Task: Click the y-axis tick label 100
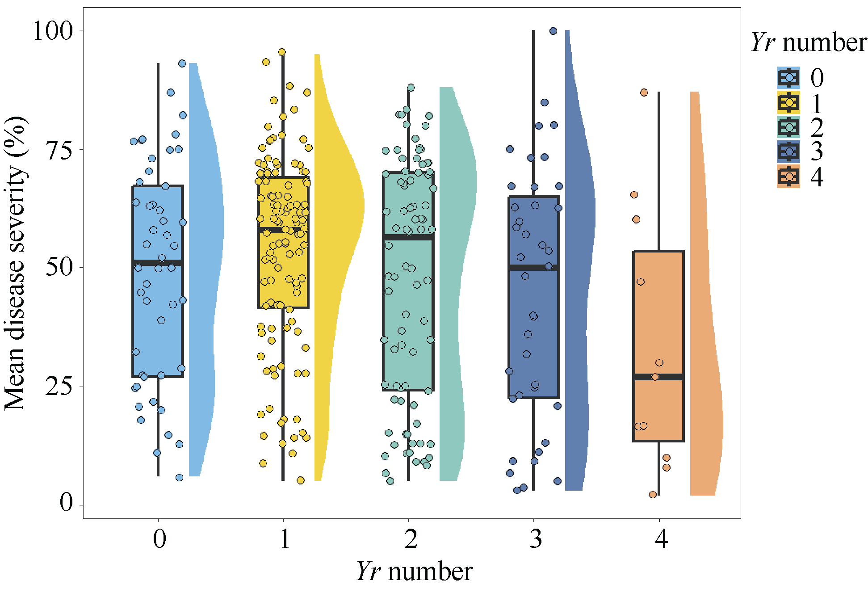(53, 31)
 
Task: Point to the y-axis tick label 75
(59, 150)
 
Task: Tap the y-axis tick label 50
(59, 268)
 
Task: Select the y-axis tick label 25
(59, 387)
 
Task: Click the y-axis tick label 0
(66, 503)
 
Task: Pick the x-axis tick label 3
(536, 539)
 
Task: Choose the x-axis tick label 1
(285, 539)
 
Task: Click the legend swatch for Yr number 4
(788, 177)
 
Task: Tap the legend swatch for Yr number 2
(788, 127)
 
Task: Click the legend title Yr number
(809, 43)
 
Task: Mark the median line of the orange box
(658, 377)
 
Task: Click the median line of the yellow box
(283, 230)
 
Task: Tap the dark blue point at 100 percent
(553, 31)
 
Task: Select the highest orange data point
(644, 93)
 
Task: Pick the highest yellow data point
(282, 52)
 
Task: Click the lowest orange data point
(653, 494)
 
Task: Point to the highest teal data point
(411, 88)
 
